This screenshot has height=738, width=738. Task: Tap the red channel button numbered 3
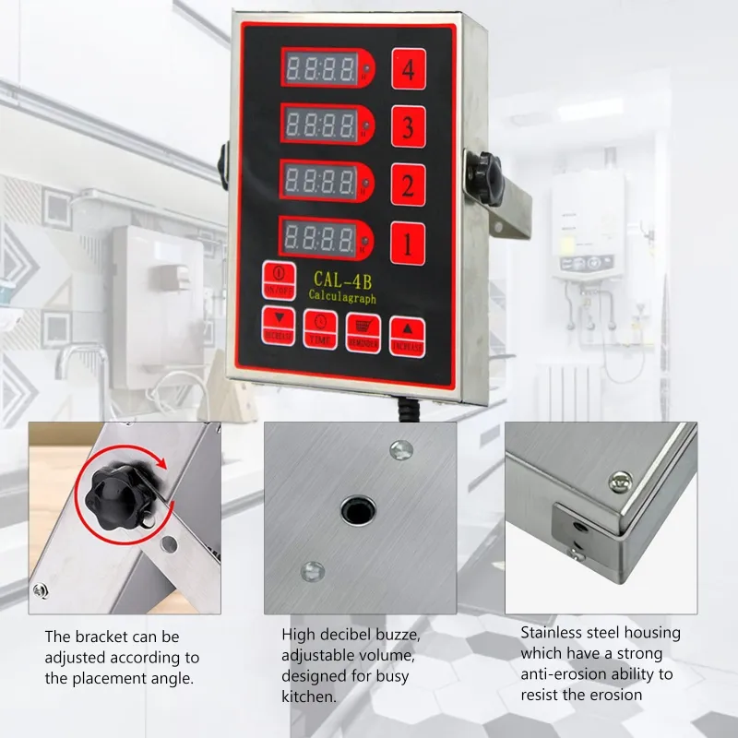tap(408, 127)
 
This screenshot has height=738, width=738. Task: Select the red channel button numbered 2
tap(407, 185)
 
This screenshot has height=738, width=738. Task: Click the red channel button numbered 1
tap(407, 244)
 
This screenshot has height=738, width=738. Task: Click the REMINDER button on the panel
tap(363, 331)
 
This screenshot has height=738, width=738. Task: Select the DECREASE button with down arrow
tap(279, 326)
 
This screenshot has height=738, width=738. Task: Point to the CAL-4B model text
tap(341, 280)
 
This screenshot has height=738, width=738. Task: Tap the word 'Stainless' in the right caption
tap(552, 633)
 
